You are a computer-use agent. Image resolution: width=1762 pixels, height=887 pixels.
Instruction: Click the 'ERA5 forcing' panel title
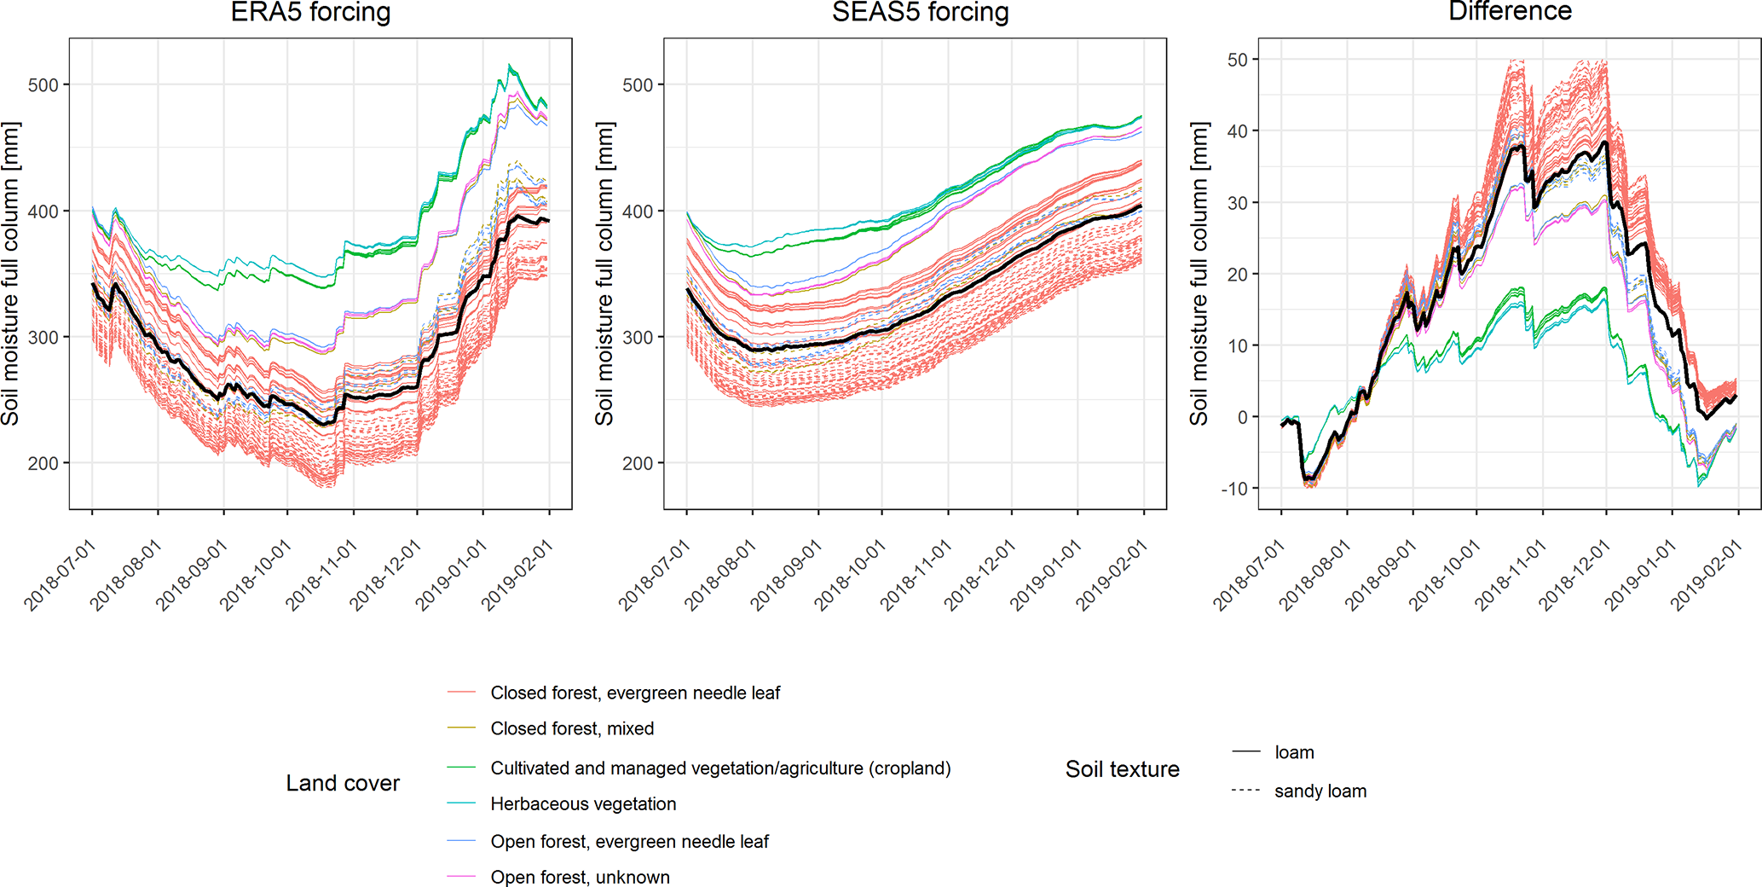tap(310, 13)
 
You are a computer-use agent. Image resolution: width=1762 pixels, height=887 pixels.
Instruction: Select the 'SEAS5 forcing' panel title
tap(920, 13)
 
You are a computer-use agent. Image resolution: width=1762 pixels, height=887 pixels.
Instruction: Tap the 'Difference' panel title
tap(1510, 12)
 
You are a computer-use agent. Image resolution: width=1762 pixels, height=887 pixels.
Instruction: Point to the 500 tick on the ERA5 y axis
tap(43, 85)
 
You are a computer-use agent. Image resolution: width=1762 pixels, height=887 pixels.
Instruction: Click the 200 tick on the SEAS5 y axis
tap(638, 464)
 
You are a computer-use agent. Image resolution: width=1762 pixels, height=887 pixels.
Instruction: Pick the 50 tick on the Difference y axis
tap(1238, 60)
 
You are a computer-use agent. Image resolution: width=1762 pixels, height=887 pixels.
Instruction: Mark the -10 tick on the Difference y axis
tap(1234, 489)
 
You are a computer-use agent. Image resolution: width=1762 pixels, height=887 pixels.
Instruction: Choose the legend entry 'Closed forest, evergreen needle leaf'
tap(635, 693)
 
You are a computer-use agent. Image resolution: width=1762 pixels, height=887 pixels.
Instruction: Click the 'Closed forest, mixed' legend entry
tap(572, 729)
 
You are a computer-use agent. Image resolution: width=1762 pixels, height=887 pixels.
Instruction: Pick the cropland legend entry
tap(720, 768)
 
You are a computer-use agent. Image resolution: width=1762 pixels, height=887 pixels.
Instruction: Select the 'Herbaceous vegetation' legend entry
tap(583, 804)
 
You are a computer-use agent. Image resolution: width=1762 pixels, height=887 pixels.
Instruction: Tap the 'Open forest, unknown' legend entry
tap(580, 878)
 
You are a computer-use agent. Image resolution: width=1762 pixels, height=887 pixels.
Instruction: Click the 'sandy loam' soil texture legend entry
tap(1320, 791)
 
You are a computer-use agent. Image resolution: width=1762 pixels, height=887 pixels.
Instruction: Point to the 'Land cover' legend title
tap(343, 784)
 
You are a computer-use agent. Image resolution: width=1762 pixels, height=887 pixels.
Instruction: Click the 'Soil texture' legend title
tap(1122, 769)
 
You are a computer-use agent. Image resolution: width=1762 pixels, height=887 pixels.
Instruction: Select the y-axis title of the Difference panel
tap(1199, 273)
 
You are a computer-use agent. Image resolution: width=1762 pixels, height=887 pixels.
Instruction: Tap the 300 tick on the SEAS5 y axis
tap(638, 338)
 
